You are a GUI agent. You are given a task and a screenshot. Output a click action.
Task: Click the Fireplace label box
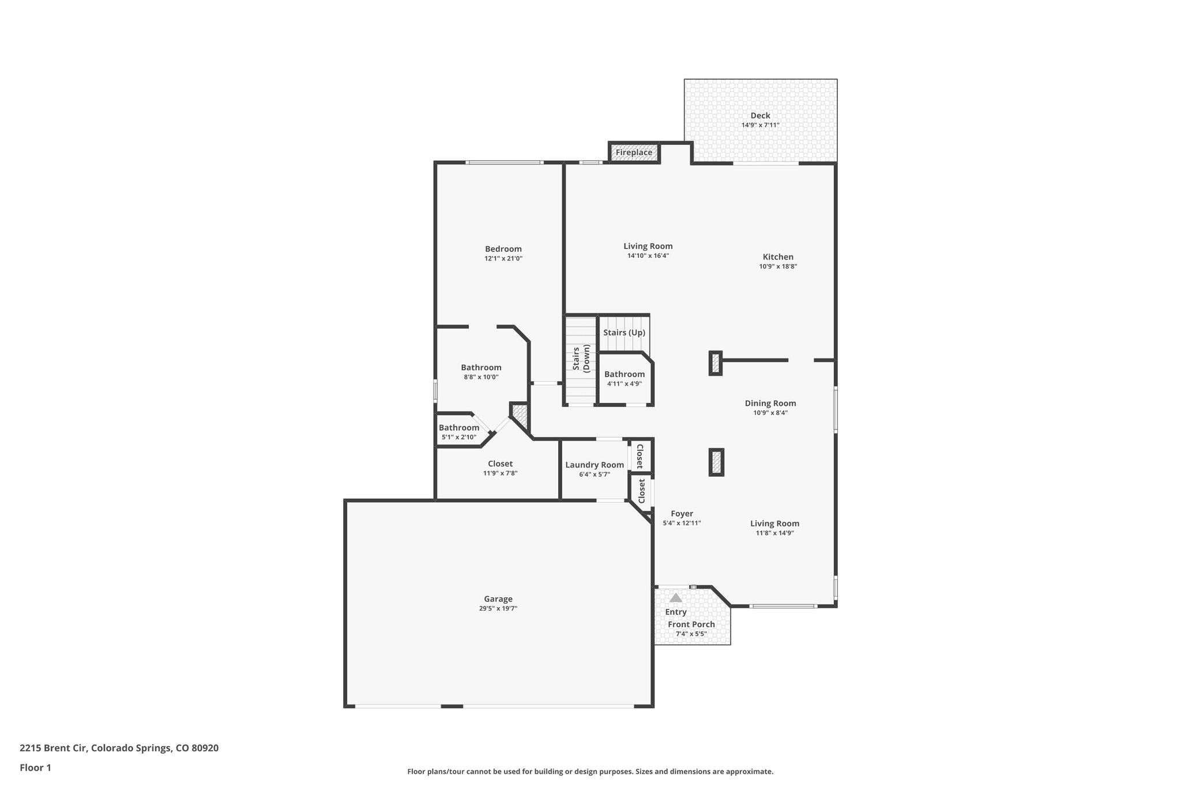(x=634, y=153)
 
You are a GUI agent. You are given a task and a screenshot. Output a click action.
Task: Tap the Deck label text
(x=760, y=116)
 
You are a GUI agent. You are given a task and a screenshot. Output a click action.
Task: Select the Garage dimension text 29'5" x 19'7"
(x=498, y=608)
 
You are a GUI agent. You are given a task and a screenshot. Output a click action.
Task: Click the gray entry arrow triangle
(x=675, y=598)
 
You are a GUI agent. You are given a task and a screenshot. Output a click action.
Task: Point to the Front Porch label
(x=691, y=624)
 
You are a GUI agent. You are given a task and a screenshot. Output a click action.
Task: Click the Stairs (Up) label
(x=624, y=333)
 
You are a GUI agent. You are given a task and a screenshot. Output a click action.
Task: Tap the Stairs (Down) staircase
(x=580, y=360)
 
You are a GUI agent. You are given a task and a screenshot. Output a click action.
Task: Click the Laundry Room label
(x=595, y=465)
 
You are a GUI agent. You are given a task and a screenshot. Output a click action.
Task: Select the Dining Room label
(x=770, y=404)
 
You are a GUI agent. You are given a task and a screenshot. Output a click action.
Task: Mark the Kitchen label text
(x=778, y=257)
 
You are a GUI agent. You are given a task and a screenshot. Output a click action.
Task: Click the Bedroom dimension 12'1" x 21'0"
(x=503, y=259)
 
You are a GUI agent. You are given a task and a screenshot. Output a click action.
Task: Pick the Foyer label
(x=682, y=514)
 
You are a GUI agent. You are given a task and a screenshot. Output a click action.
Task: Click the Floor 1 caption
(x=35, y=767)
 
